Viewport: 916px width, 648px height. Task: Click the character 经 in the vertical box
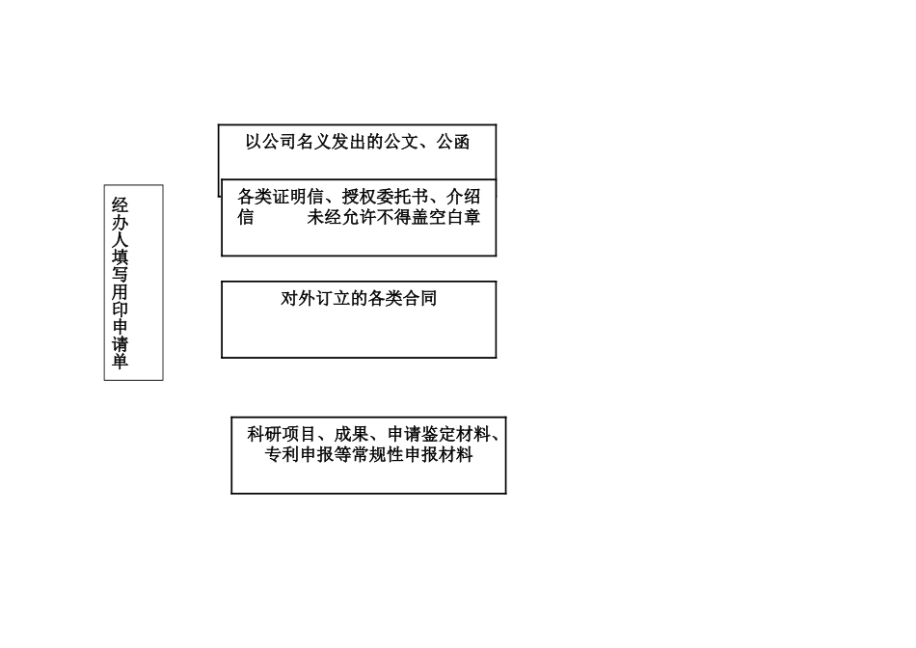pos(121,204)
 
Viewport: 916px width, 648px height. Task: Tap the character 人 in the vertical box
pos(121,240)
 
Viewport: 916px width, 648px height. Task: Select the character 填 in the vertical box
pos(121,257)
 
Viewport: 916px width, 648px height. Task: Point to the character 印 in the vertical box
pos(121,310)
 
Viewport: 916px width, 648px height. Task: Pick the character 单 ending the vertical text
pos(121,362)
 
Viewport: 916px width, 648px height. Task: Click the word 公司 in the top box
pos(279,143)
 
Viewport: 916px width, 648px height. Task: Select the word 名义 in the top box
pos(313,143)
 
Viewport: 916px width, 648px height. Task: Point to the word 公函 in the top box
pos(453,143)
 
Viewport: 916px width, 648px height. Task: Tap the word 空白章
pos(454,217)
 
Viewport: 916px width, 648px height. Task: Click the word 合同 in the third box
pos(419,299)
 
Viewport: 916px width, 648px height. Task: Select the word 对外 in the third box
pos(298,299)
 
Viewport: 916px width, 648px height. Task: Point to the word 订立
pos(333,299)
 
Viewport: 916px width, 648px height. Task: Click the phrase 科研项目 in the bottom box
pos(282,435)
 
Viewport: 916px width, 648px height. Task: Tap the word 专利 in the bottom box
pos(282,455)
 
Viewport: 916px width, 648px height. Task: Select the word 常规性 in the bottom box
pos(386,455)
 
